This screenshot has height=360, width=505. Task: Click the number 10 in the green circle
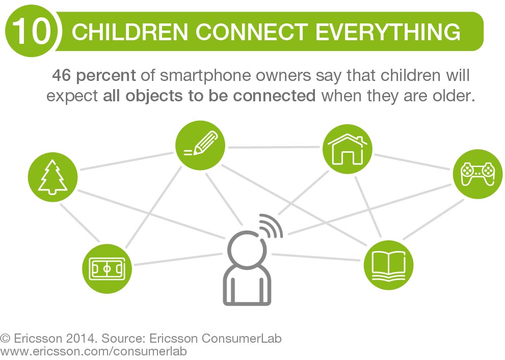click(32, 31)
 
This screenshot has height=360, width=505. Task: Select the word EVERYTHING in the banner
click(388, 32)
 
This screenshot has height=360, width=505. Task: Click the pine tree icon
click(53, 177)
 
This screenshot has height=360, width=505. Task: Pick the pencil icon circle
click(200, 146)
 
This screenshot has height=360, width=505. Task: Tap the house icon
click(348, 149)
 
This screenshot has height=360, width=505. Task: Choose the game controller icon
click(478, 174)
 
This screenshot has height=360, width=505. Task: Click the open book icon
click(388, 265)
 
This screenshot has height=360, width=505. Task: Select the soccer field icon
click(107, 269)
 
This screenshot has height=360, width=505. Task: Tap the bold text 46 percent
click(94, 75)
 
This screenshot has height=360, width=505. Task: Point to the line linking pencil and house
click(274, 147)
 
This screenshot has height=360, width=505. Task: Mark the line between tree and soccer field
click(80, 223)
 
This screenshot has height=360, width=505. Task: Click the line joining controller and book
click(433, 220)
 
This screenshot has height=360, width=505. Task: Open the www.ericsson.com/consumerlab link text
click(93, 351)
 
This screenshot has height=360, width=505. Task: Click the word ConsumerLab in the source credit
click(242, 339)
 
